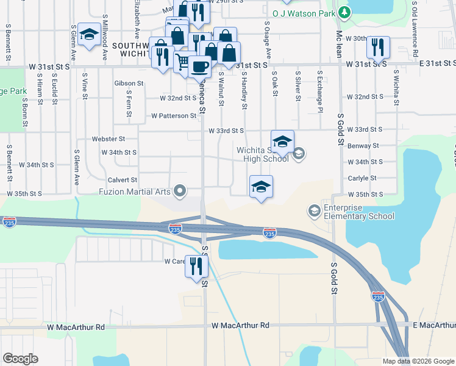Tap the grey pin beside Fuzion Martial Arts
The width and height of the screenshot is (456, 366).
click(x=180, y=192)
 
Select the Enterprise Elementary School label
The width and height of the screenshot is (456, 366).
click(x=359, y=212)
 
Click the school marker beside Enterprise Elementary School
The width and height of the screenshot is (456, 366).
click(x=314, y=211)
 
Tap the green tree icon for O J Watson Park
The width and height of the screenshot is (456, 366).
click(x=344, y=12)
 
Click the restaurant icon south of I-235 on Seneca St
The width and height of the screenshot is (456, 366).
click(x=196, y=266)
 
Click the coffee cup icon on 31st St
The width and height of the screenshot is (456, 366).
click(x=199, y=66)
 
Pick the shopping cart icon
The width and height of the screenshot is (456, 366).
click(x=182, y=61)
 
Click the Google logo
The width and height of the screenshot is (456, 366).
click(x=21, y=359)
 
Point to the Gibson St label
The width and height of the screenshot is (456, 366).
click(x=129, y=83)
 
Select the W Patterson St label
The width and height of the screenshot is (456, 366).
click(x=174, y=115)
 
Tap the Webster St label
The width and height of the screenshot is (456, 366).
click(x=108, y=139)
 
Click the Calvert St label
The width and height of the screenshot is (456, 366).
click(x=123, y=180)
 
